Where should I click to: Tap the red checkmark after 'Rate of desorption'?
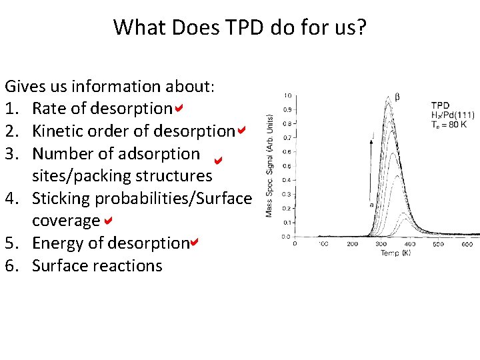(179, 107)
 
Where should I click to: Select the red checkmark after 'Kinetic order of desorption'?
(241, 130)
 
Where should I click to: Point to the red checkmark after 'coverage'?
(107, 219)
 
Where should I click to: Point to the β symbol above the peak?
(398, 97)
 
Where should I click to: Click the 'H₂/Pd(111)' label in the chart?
(453, 115)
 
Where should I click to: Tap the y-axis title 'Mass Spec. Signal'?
(270, 163)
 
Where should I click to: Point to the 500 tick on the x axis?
(438, 245)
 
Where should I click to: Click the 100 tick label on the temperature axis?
(323, 245)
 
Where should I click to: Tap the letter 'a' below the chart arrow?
(371, 205)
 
